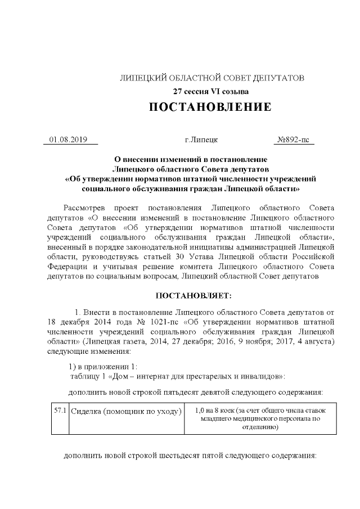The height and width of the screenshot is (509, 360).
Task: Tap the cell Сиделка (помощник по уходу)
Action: [x=127, y=411]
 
